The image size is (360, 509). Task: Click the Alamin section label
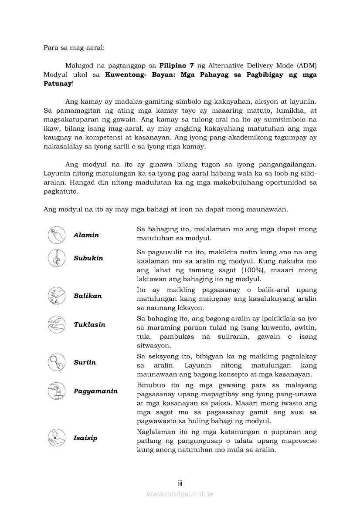[x=86, y=235]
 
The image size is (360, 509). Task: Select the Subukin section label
[x=88, y=258]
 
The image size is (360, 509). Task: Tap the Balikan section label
[x=88, y=296]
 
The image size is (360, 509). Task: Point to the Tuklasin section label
[x=89, y=324]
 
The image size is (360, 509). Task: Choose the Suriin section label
[x=85, y=362]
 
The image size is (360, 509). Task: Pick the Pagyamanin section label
[x=95, y=391]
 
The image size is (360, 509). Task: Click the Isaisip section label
[x=85, y=438]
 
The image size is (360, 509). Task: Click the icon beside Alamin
[x=57, y=235]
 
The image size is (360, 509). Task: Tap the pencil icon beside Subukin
[x=57, y=258]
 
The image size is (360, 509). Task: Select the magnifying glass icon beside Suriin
[x=57, y=362]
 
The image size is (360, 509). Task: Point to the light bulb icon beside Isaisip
[x=57, y=438]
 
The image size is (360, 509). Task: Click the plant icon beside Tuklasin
[x=57, y=324]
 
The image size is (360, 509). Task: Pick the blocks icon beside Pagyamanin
[x=57, y=391]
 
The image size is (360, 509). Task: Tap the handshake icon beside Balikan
[x=57, y=296]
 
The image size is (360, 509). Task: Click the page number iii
[x=180, y=483]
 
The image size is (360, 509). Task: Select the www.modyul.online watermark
[x=180, y=494]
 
